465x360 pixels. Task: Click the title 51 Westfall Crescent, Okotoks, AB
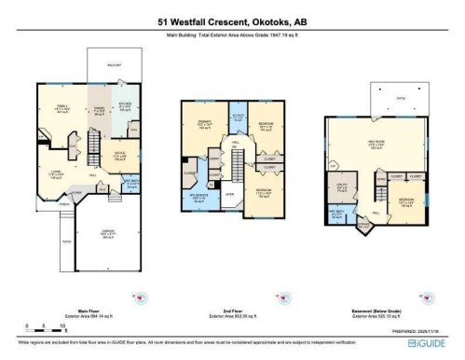tap(232, 28)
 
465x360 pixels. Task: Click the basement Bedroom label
tap(405, 201)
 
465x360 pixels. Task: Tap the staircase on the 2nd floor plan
tap(238, 168)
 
